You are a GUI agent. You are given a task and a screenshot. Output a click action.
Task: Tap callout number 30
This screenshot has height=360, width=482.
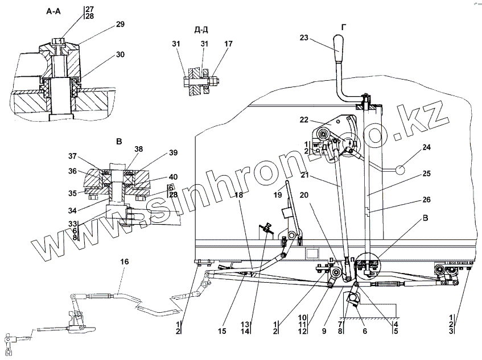pyautogui.click(x=121, y=55)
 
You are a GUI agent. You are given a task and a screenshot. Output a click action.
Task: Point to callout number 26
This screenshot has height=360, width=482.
pyautogui.click(x=426, y=200)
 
